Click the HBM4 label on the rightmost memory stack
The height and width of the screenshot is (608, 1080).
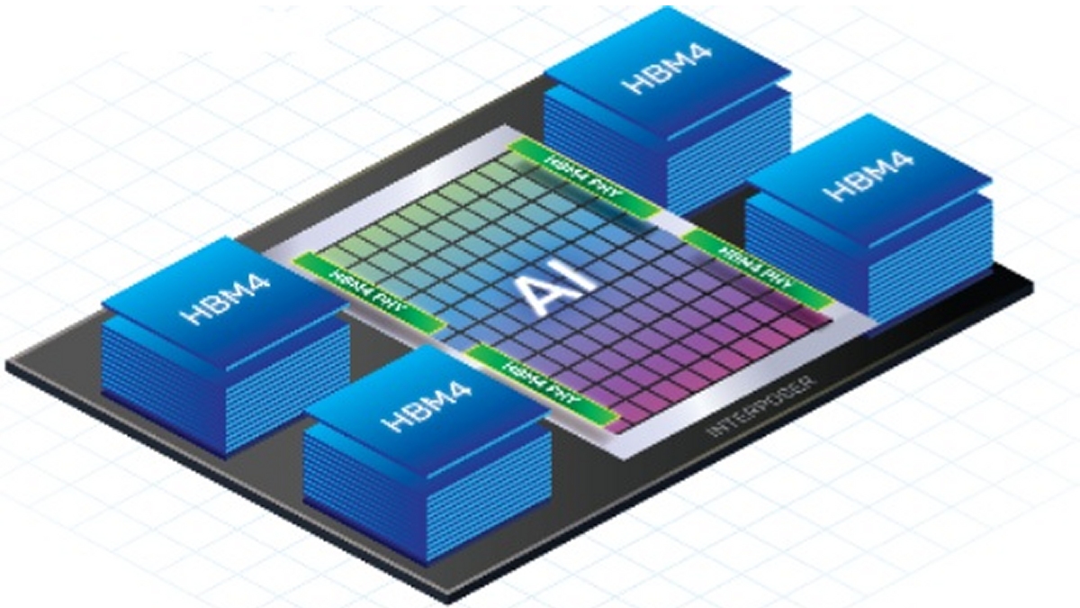(868, 175)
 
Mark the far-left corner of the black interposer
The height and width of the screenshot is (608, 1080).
(9, 365)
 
